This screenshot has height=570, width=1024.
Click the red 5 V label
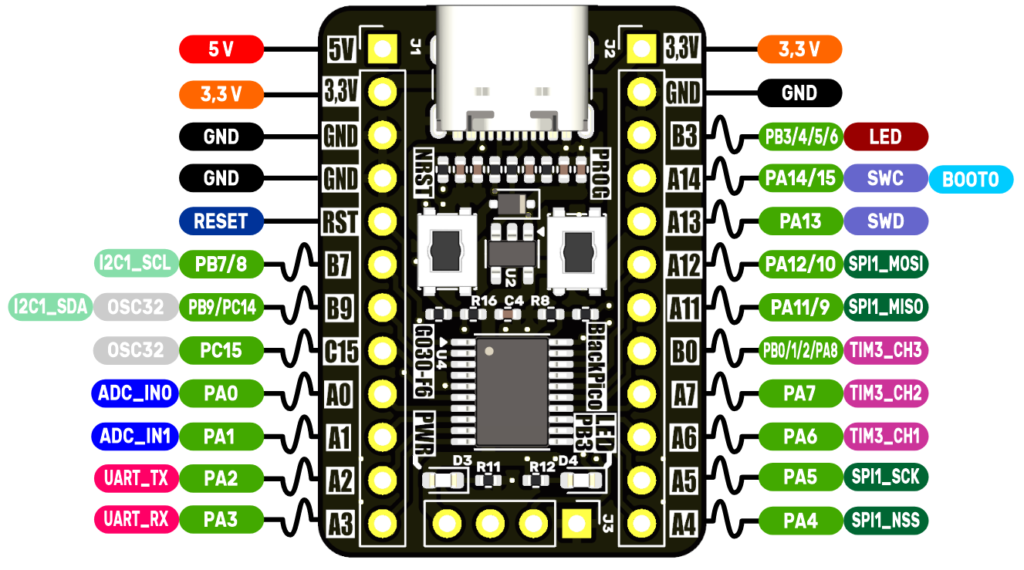[x=221, y=51]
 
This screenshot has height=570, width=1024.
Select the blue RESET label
[x=221, y=221]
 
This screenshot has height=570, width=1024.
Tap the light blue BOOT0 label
[x=971, y=180]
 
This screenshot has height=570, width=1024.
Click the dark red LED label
[x=885, y=137]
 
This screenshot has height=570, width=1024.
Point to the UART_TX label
[x=136, y=478]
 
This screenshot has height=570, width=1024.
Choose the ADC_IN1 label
[x=134, y=436]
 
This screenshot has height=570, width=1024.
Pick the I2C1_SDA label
[x=50, y=307]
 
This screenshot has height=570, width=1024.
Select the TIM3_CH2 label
[x=886, y=393]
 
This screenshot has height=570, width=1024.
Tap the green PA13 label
[x=799, y=221]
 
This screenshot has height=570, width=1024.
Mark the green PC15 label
[x=221, y=350]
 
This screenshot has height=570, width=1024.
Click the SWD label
[x=885, y=221]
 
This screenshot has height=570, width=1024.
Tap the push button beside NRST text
[x=445, y=250]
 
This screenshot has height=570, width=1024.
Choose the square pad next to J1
[x=382, y=50]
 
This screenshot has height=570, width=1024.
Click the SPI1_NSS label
[x=886, y=521]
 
